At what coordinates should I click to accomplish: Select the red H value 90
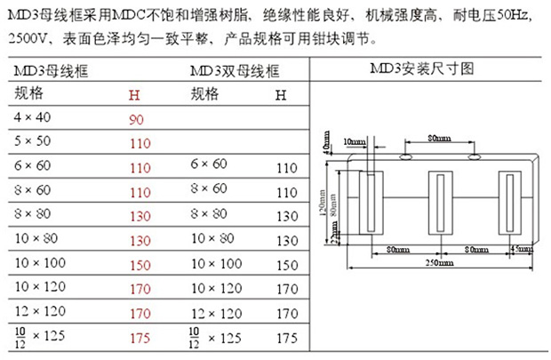tap(136, 118)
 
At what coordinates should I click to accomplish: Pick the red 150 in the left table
tap(140, 265)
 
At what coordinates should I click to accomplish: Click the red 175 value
tap(140, 339)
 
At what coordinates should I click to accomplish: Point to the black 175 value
tap(286, 339)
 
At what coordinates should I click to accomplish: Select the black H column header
tap(281, 93)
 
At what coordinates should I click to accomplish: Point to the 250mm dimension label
tap(435, 264)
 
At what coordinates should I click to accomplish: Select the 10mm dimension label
tap(353, 140)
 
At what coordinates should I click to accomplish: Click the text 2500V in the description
tap(28, 40)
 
